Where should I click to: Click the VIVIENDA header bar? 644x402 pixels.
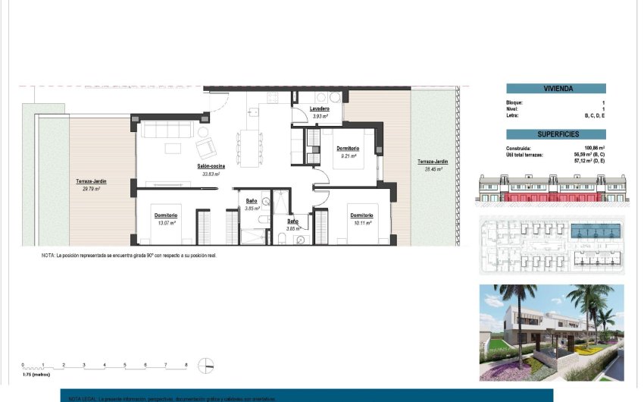pos(555,89)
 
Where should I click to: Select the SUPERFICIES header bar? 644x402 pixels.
pos(555,134)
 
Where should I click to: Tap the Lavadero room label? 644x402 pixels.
pos(320,109)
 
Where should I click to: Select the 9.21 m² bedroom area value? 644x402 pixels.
pos(348,156)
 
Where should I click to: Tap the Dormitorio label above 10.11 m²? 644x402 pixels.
pos(361,215)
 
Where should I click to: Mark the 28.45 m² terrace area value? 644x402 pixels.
pos(432,169)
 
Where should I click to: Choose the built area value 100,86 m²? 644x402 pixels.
pos(593,148)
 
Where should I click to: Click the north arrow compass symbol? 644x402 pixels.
pos(204,366)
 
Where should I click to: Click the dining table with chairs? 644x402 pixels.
pos(249,142)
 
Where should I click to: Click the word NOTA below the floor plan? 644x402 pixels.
pos(48,256)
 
